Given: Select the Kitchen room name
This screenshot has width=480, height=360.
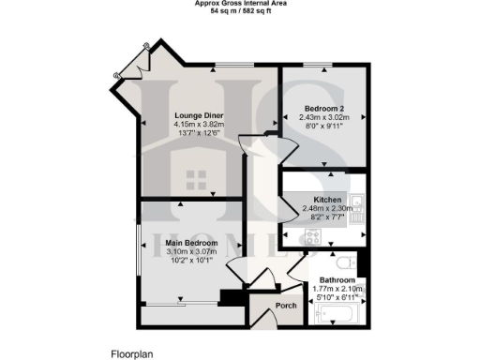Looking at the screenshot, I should pos(327,200).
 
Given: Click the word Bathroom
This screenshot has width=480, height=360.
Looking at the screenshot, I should pos(337,280).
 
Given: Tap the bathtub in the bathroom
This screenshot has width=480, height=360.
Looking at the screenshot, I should pos(340,313).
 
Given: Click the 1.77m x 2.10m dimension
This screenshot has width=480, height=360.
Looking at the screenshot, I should pos(337,289).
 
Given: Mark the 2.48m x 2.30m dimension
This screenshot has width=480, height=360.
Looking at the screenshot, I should pos(327,208).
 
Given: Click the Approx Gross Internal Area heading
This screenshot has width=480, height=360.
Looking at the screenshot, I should pos(240,4).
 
